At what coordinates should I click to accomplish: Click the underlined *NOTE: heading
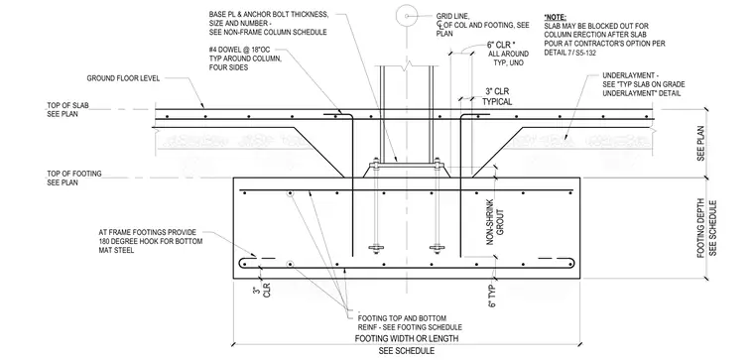[x=556, y=17]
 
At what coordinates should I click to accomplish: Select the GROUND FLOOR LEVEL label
[x=123, y=78]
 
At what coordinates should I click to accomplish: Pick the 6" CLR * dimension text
[x=504, y=46]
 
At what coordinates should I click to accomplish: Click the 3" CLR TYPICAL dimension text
[x=497, y=96]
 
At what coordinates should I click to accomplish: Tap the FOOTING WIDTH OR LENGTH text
[x=407, y=338]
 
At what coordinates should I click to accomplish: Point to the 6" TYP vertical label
[x=491, y=296]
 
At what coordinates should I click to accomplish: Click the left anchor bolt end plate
[x=376, y=249]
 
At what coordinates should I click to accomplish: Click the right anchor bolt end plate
[x=437, y=249]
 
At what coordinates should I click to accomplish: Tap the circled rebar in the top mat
[x=290, y=193]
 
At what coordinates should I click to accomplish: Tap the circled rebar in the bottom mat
[x=290, y=265]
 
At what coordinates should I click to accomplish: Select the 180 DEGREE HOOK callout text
[x=151, y=241]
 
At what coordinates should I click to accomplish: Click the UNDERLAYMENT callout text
[x=644, y=84]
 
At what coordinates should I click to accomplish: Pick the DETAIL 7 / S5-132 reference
[x=570, y=53]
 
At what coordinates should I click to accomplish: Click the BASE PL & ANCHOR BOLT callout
[x=269, y=23]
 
